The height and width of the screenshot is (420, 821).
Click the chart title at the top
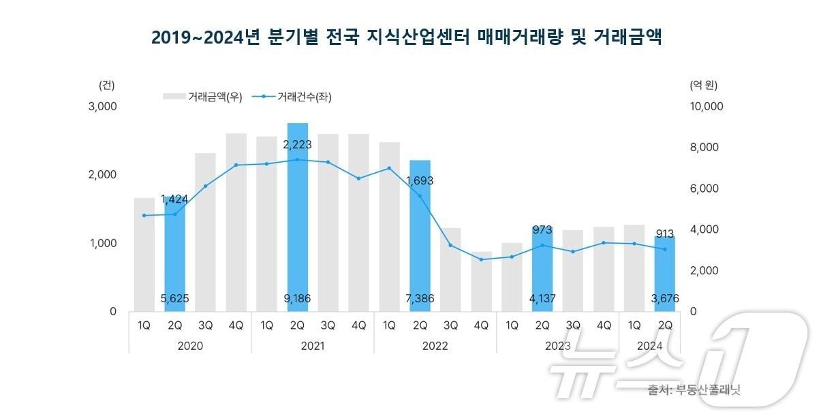click(406, 37)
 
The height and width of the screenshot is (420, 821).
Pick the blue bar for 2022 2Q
click(420, 238)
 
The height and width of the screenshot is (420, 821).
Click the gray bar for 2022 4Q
click(481, 282)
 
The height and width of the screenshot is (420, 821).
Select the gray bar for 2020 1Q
click(144, 255)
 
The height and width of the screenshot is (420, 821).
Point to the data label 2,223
click(297, 144)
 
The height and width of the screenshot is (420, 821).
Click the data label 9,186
click(297, 298)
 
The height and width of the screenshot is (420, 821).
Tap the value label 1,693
click(420, 181)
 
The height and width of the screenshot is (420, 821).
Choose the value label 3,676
click(664, 298)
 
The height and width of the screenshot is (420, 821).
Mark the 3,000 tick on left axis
click(103, 107)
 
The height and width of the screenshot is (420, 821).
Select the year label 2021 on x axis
click(312, 346)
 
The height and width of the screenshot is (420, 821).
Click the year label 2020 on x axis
click(189, 346)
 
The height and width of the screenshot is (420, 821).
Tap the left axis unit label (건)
click(107, 85)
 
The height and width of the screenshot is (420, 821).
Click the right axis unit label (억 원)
click(703, 85)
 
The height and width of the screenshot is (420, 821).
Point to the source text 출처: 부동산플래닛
click(694, 390)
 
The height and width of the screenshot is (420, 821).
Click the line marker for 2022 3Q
click(450, 245)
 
